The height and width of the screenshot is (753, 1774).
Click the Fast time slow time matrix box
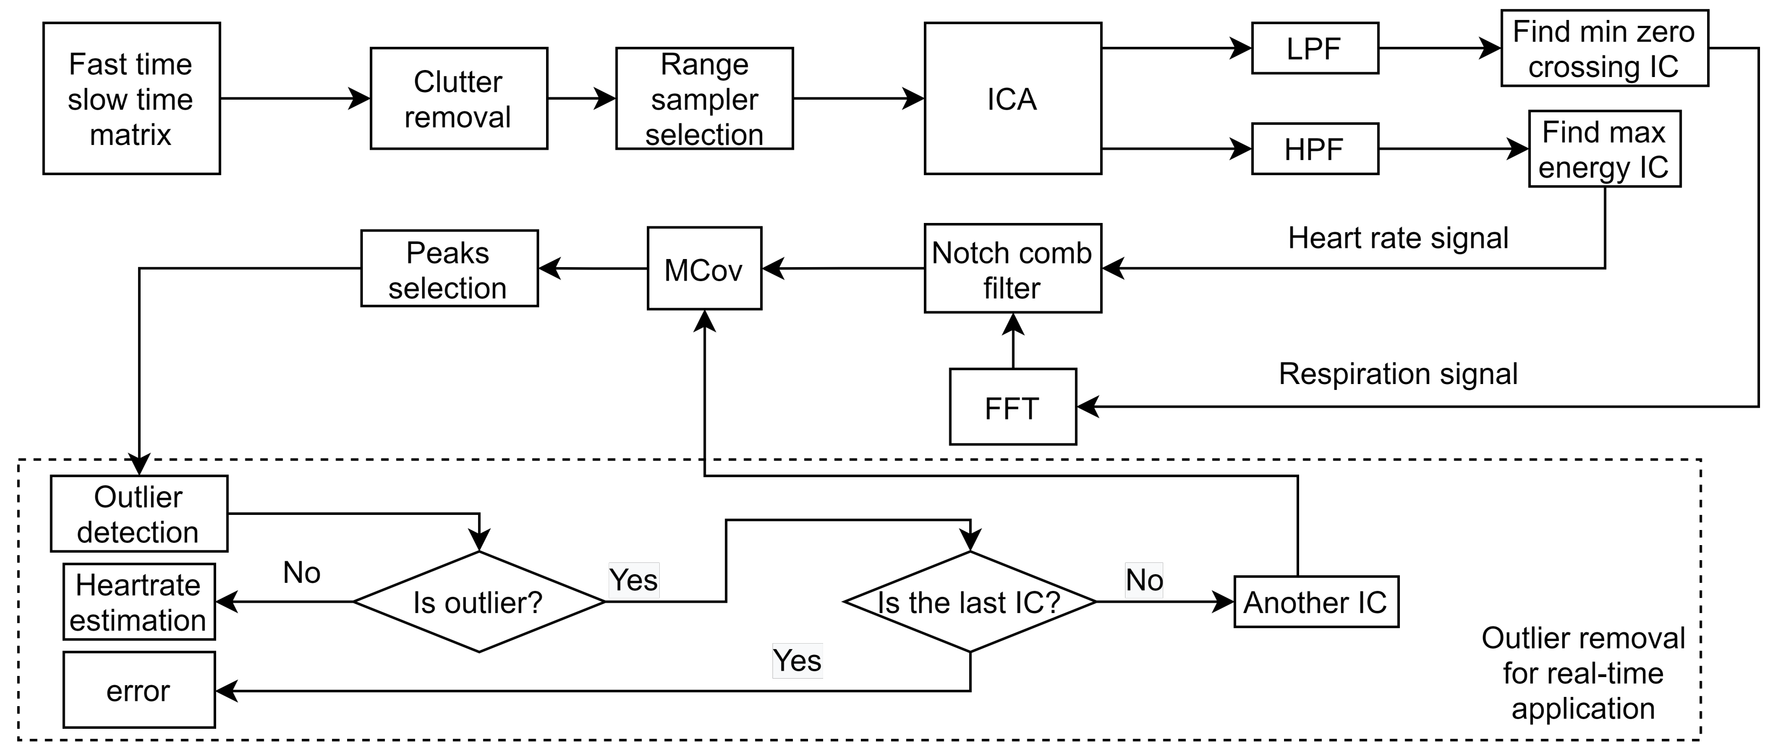[132, 99]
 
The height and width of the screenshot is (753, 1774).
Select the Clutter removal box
[459, 99]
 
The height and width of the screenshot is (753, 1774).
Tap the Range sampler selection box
[704, 99]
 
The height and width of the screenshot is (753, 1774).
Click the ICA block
[1012, 99]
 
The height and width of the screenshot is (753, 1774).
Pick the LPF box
[1315, 48]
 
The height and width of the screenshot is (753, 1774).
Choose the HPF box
[1315, 149]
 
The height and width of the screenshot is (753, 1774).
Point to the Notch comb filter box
[1012, 268]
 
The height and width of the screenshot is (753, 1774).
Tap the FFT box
[1012, 407]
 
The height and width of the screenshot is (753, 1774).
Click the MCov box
[704, 268]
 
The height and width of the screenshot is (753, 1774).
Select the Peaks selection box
[449, 268]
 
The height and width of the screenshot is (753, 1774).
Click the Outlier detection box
[139, 513]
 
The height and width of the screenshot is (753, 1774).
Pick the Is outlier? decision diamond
[479, 602]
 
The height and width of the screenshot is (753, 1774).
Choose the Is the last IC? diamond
[970, 602]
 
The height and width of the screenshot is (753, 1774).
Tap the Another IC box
[1316, 602]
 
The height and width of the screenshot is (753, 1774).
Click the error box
[139, 689]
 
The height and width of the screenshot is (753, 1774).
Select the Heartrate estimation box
[139, 602]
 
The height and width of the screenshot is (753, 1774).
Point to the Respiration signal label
[1397, 374]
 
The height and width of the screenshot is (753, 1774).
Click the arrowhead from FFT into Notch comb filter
[1012, 324]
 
